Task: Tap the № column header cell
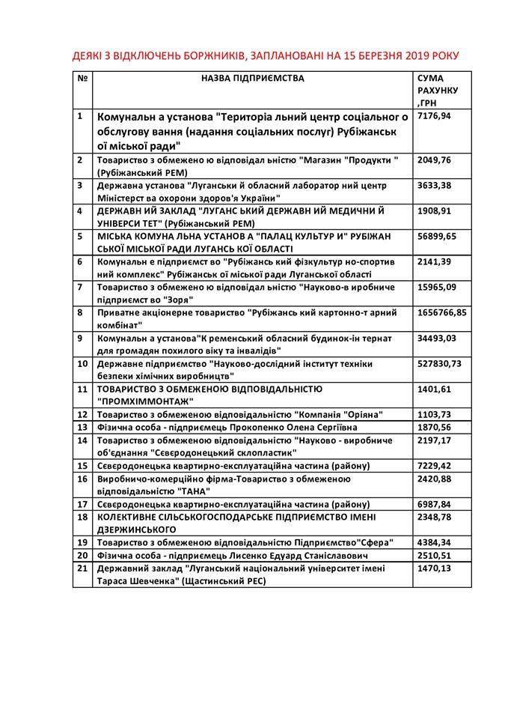[x=82, y=77]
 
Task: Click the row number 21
[x=82, y=569]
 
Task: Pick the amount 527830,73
[x=440, y=363]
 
